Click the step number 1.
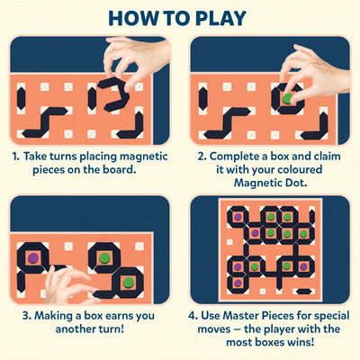(x=16, y=156)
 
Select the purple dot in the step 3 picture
(x=33, y=258)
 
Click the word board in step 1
(x=119, y=170)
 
